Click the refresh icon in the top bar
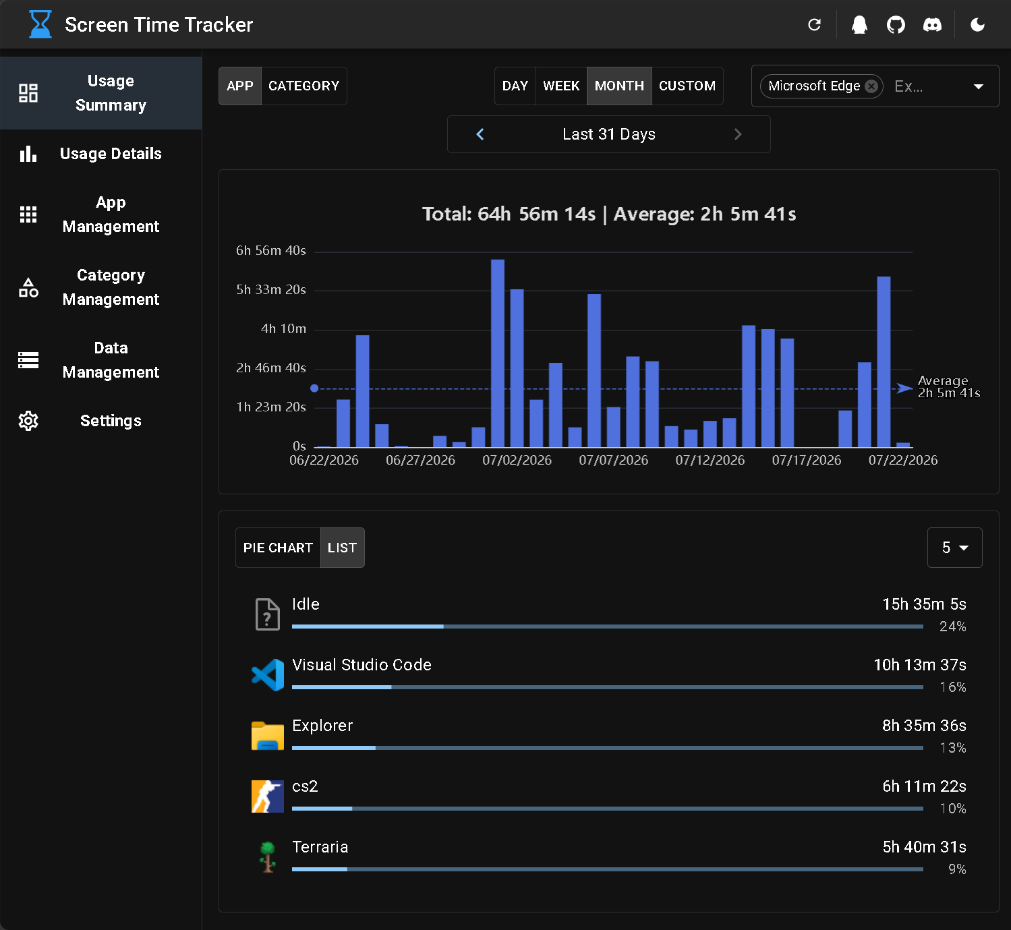[x=815, y=25]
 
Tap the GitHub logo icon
[x=896, y=25]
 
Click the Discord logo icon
[x=932, y=25]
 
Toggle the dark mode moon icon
[x=978, y=25]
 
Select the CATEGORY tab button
[x=304, y=86]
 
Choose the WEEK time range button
[x=561, y=86]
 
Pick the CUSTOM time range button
[x=687, y=86]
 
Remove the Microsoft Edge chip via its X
[x=871, y=86]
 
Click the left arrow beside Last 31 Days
[x=480, y=134]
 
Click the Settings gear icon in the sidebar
[x=28, y=421]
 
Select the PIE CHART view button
[x=278, y=548]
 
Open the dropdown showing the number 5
[x=954, y=548]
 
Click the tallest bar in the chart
[x=498, y=353]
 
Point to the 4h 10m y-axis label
[x=283, y=328]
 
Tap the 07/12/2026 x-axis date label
[x=710, y=460]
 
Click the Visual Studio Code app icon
[x=268, y=675]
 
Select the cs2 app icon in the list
[x=268, y=796]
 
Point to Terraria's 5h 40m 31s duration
[x=924, y=847]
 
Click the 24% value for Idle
[x=952, y=627]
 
